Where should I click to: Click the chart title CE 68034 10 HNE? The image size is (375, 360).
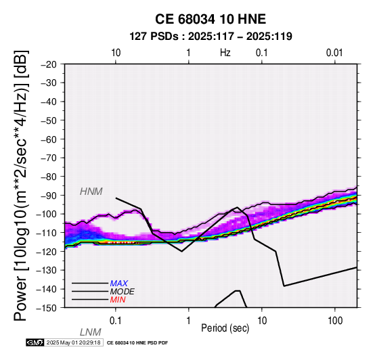click(211, 19)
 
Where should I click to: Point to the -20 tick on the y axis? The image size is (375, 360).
click(49, 64)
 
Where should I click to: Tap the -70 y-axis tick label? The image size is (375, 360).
click(49, 158)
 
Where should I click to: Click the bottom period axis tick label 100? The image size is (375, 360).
click(335, 321)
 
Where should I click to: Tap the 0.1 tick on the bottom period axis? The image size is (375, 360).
click(116, 321)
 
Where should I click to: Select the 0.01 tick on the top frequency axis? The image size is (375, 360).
click(334, 53)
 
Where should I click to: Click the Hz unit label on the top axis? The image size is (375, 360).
click(225, 53)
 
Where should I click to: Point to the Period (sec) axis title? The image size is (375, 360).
click(225, 328)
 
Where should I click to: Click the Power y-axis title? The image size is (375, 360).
click(22, 185)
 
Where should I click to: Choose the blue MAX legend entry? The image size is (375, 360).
click(119, 284)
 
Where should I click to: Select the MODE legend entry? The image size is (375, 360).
click(123, 292)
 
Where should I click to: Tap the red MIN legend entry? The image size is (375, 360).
click(118, 300)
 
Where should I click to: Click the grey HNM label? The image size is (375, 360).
click(91, 192)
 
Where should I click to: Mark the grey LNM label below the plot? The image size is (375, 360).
click(91, 332)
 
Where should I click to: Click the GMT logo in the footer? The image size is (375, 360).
click(35, 342)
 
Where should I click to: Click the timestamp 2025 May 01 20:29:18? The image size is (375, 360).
click(73, 342)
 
